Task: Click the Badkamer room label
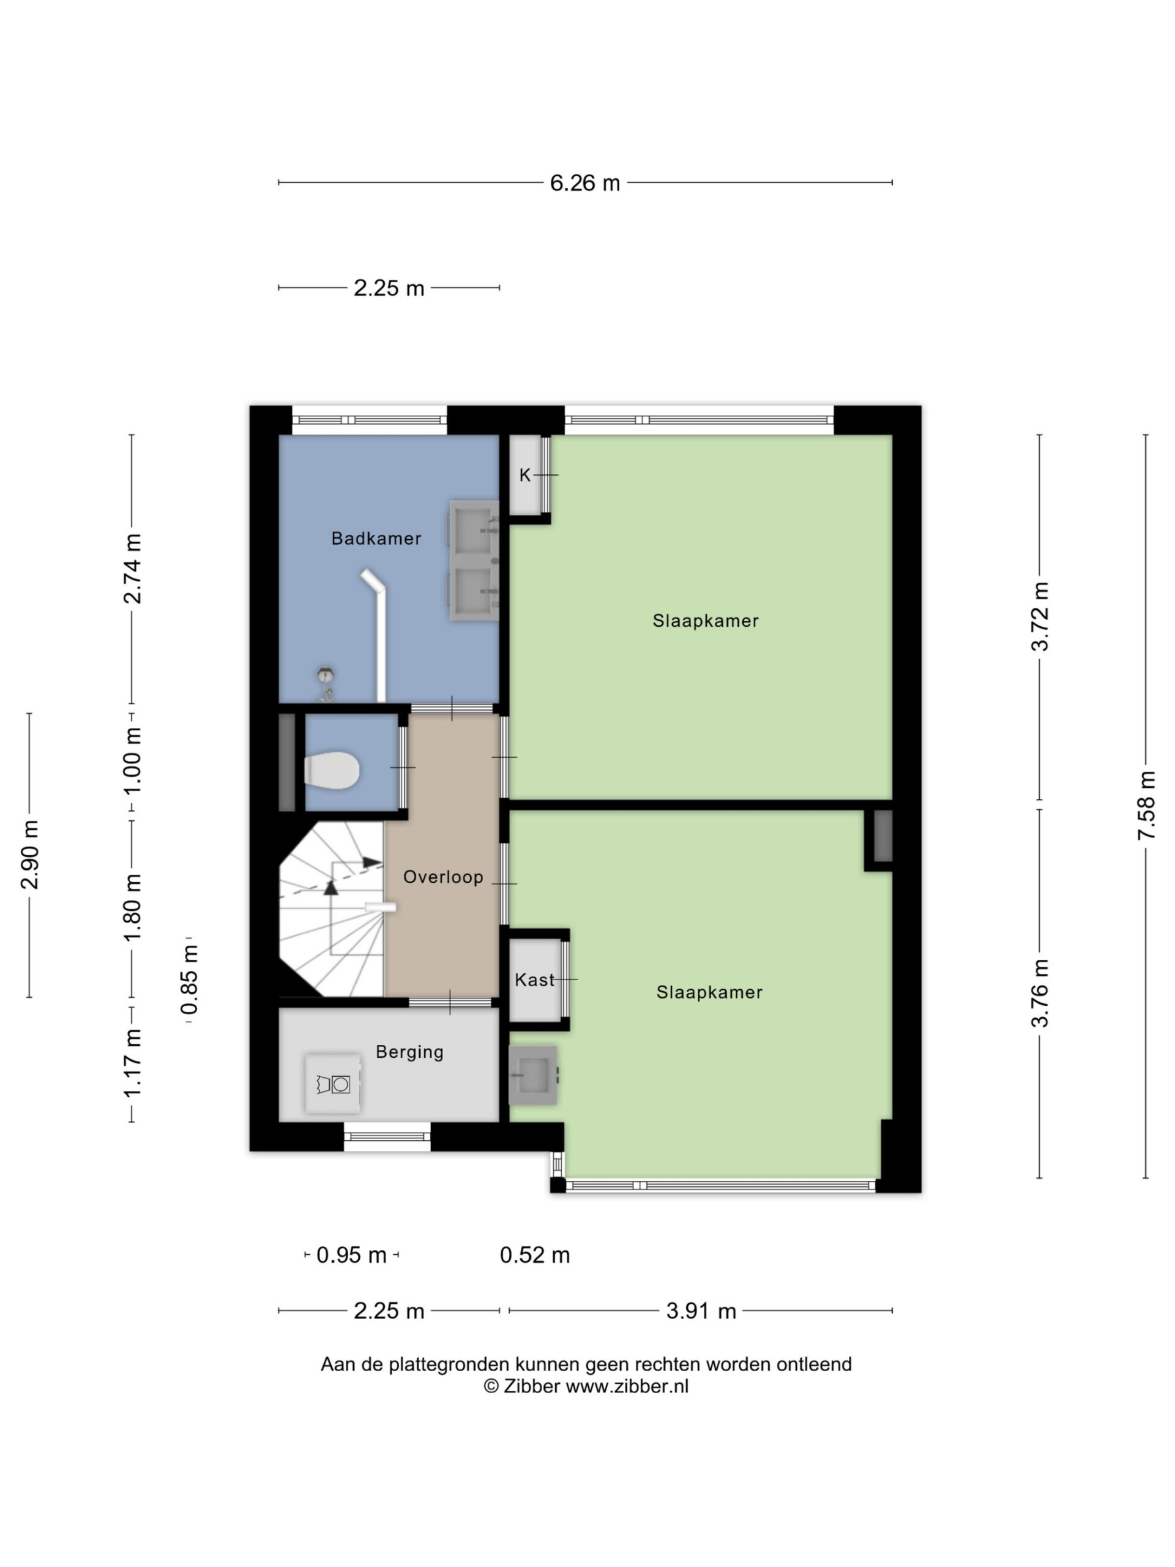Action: click(376, 539)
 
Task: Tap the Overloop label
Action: click(443, 877)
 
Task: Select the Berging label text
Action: click(409, 1052)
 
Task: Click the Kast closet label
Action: click(534, 980)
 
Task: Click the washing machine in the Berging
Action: click(333, 1084)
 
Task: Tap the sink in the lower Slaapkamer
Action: click(532, 1075)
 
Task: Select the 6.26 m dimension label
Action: click(585, 184)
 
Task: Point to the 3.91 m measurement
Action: click(701, 1311)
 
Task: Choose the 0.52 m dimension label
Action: click(535, 1255)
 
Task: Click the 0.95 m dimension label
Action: click(351, 1255)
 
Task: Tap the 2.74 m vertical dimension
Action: click(132, 569)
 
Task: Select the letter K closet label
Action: click(525, 476)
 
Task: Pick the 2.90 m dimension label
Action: click(30, 855)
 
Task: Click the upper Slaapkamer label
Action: click(706, 621)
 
